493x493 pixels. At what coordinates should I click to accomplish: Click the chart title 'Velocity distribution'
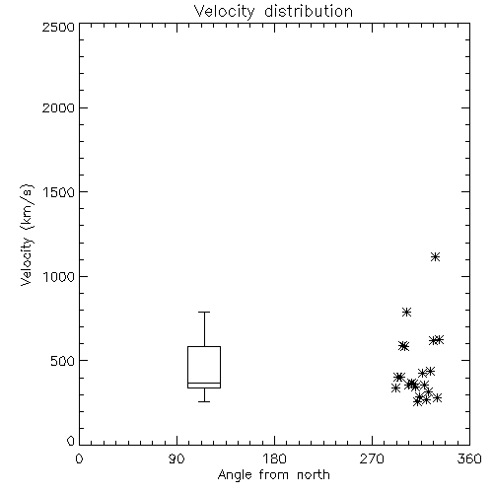273,12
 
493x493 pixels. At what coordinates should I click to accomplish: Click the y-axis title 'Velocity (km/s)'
27,235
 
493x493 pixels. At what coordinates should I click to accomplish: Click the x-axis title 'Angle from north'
273,475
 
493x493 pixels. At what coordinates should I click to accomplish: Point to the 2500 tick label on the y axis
58,27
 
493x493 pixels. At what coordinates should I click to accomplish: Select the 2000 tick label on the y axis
58,107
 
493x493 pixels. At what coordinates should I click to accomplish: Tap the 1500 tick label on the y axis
59,192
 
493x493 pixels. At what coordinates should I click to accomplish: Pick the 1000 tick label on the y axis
59,276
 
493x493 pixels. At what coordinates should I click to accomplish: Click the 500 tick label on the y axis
63,361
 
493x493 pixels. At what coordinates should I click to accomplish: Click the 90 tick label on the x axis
176,458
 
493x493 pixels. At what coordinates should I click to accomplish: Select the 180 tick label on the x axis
274,458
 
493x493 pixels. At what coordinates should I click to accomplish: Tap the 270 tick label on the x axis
372,458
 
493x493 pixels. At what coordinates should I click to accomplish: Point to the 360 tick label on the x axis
469,458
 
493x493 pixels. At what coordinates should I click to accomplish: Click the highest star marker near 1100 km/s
435,256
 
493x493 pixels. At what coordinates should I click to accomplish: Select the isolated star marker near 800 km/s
406,312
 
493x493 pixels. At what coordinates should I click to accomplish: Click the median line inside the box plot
204,383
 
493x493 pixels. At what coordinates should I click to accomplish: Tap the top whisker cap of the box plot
204,312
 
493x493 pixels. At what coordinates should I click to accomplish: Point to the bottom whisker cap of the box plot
204,401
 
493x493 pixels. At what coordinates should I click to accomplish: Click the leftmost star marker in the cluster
395,387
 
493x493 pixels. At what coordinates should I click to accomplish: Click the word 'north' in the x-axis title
314,475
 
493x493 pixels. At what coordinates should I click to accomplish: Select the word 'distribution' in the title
309,12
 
